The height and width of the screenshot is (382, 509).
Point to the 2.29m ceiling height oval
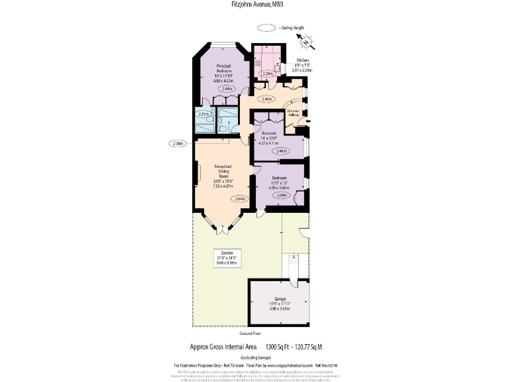(268, 74)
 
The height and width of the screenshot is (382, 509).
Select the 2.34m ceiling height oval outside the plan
(177, 143)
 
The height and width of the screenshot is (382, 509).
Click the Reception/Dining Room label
(222, 176)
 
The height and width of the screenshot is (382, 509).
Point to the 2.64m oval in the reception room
(239, 198)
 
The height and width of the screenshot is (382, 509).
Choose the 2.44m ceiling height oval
(281, 151)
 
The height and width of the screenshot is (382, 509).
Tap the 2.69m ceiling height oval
(281, 195)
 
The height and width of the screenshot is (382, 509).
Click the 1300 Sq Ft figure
(279, 347)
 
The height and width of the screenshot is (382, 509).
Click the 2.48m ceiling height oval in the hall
(267, 99)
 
